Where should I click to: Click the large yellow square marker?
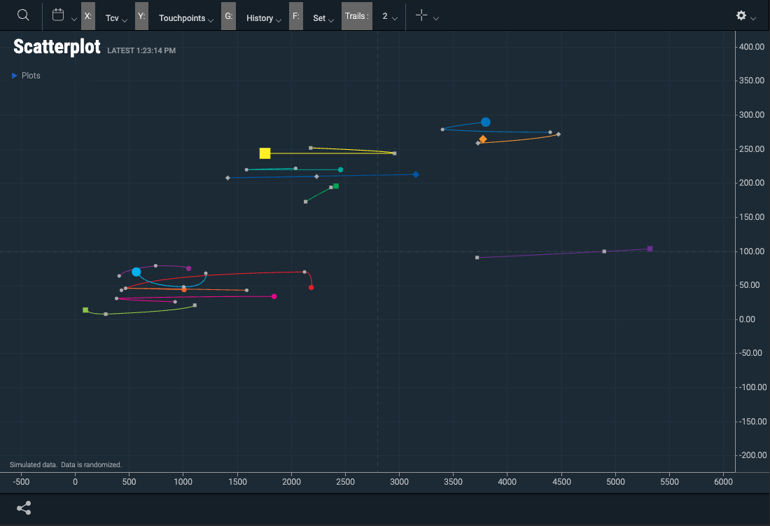click(x=265, y=153)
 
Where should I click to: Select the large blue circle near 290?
click(x=485, y=122)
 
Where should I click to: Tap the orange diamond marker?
click(x=482, y=139)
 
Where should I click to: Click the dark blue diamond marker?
click(x=416, y=174)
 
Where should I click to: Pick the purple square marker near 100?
click(x=650, y=249)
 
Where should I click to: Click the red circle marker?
click(x=311, y=287)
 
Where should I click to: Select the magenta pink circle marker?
click(x=274, y=296)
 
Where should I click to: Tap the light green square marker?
click(x=85, y=310)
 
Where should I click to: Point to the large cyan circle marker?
click(x=136, y=272)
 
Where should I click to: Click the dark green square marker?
click(x=336, y=186)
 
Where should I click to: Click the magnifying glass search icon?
click(x=23, y=15)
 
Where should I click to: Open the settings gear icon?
click(x=741, y=15)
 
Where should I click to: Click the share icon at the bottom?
click(x=24, y=508)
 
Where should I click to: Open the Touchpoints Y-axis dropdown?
click(x=187, y=18)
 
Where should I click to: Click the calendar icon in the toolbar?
click(x=58, y=15)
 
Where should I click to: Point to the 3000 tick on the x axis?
click(x=399, y=482)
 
